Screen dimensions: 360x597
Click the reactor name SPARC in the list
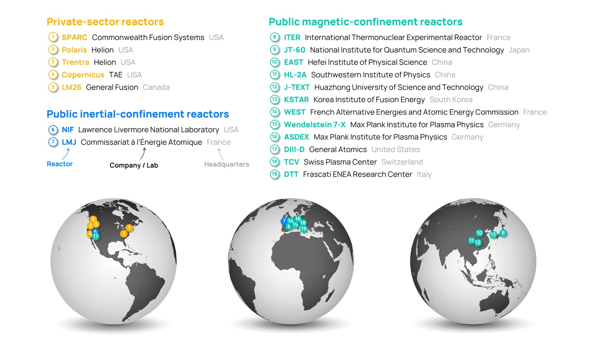(x=74, y=37)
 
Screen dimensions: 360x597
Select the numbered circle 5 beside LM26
(x=53, y=87)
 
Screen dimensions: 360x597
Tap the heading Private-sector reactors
(x=105, y=22)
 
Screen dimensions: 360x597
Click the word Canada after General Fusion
(x=156, y=87)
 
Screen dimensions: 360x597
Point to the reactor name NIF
(x=68, y=130)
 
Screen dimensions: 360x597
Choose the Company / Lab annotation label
(x=134, y=165)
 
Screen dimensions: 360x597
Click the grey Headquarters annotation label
(x=226, y=164)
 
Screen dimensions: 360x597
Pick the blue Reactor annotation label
(x=59, y=164)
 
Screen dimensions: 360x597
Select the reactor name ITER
(x=292, y=37)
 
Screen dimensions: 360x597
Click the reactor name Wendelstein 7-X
(x=314, y=125)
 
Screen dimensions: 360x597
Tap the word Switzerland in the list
(x=402, y=162)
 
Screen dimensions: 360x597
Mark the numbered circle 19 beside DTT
(x=275, y=174)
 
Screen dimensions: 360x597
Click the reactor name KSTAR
(x=296, y=100)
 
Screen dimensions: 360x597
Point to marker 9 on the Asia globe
(x=503, y=233)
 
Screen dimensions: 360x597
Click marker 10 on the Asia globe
(x=479, y=233)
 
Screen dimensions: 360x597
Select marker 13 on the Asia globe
(x=493, y=235)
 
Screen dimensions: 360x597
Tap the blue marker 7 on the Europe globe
(x=284, y=221)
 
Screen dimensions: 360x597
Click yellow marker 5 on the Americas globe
(x=93, y=219)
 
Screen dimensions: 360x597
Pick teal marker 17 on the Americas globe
(x=96, y=237)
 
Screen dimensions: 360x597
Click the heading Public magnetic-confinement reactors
(x=365, y=22)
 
